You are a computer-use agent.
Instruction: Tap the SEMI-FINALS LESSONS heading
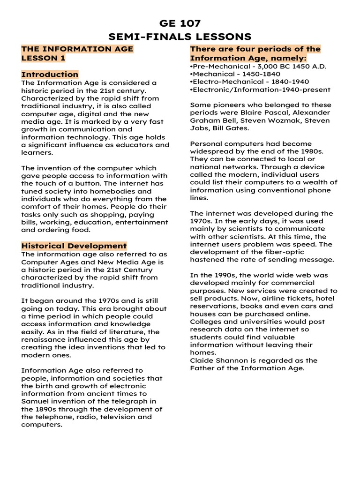tap(180, 37)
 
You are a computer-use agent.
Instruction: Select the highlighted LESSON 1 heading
tap(43, 58)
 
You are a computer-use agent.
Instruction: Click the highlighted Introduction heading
tap(50, 74)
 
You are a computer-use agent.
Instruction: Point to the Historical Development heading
tap(74, 246)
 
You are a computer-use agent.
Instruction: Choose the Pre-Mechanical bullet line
tap(258, 66)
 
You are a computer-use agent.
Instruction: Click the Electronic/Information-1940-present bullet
tap(260, 90)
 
